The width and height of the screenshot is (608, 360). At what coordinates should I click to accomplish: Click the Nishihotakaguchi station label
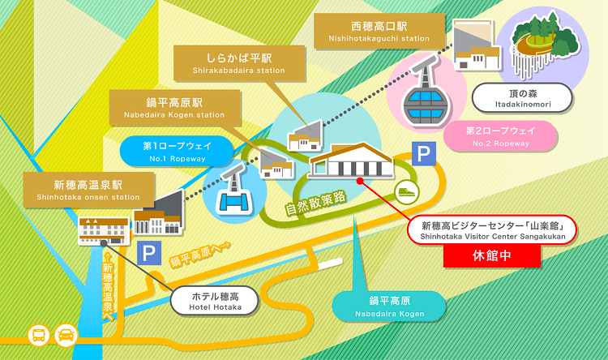pyautogui.click(x=379, y=31)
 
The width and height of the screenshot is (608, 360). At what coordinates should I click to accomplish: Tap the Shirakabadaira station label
pyautogui.click(x=239, y=63)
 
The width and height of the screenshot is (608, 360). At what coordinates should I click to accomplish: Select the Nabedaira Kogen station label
pyautogui.click(x=174, y=108)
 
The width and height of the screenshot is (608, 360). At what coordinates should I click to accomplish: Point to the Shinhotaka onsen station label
pyautogui.click(x=88, y=190)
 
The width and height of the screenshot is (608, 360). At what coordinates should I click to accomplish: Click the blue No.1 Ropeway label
pyautogui.click(x=178, y=152)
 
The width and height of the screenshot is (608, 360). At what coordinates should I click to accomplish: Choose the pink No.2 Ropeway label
pyautogui.click(x=501, y=136)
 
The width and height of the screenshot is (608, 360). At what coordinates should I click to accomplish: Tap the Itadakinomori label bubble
pyautogui.click(x=523, y=98)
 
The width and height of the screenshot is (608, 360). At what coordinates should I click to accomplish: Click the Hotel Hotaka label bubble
pyautogui.click(x=215, y=302)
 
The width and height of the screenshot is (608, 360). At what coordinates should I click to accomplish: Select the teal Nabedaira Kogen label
pyautogui.click(x=389, y=306)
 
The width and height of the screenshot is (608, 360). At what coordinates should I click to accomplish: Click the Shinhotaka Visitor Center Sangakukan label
pyautogui.click(x=492, y=230)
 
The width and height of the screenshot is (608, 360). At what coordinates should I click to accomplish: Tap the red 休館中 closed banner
pyautogui.click(x=492, y=256)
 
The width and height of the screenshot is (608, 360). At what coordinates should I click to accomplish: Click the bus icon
pyautogui.click(x=39, y=335)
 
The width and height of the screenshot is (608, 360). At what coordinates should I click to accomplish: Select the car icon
pyautogui.click(x=66, y=335)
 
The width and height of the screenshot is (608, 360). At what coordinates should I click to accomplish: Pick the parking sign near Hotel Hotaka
pyautogui.click(x=149, y=253)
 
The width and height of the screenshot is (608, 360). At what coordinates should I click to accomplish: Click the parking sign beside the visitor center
pyautogui.click(x=424, y=153)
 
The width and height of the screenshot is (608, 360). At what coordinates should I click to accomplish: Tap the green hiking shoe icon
pyautogui.click(x=407, y=192)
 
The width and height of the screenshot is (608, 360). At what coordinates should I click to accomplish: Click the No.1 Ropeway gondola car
pyautogui.click(x=234, y=191)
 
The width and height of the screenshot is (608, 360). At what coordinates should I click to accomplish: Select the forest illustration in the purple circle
pyautogui.click(x=546, y=45)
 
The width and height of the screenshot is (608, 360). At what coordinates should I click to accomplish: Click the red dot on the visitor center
pyautogui.click(x=360, y=181)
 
